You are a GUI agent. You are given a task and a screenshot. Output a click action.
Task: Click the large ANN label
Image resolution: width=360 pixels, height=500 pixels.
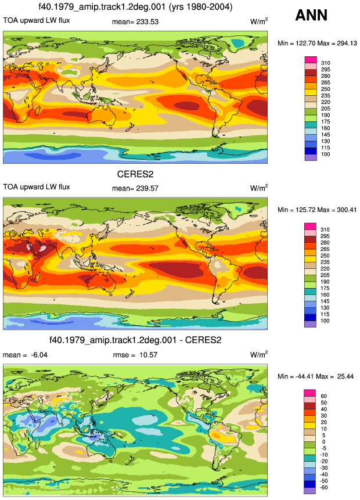[x=311, y=15]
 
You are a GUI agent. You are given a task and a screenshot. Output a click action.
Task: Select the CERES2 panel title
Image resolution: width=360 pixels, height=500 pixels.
[x=135, y=174]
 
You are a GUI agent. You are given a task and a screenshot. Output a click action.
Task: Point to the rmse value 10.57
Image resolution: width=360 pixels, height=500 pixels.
[x=148, y=355]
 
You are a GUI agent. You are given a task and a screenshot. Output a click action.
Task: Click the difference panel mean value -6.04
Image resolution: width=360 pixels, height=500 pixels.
[x=39, y=355]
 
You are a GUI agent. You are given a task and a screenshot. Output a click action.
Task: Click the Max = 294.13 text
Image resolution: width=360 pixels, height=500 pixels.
[x=337, y=44]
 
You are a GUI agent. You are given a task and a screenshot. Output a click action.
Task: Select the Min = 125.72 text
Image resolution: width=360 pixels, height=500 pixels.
[x=297, y=210]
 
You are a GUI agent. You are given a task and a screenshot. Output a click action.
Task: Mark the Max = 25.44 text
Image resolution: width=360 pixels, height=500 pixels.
[x=336, y=376]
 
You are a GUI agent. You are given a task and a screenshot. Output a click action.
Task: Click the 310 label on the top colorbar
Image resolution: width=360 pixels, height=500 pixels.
[x=326, y=63]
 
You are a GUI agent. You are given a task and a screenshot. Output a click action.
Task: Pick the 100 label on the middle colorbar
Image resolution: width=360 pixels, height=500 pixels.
[x=325, y=321]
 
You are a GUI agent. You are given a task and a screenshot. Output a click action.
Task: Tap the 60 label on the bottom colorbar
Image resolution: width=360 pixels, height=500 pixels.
[x=323, y=397]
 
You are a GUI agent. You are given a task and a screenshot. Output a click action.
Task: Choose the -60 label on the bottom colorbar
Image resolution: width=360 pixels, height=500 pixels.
[x=323, y=487]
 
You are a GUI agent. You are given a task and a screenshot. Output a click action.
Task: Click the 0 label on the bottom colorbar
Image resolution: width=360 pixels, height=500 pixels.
[x=323, y=442]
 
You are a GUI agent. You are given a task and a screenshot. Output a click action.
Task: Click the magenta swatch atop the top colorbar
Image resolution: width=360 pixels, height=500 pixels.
[x=311, y=60]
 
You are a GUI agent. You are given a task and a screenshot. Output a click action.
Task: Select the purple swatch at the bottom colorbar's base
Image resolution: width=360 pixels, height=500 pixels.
[x=310, y=491]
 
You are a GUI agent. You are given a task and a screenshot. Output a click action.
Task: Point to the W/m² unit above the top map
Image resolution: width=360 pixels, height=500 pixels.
[x=259, y=21]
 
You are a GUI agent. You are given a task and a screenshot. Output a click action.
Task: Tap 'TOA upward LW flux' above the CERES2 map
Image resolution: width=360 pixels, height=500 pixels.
[x=37, y=187]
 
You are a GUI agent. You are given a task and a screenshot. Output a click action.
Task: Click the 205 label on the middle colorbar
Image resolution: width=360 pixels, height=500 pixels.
[x=325, y=275]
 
